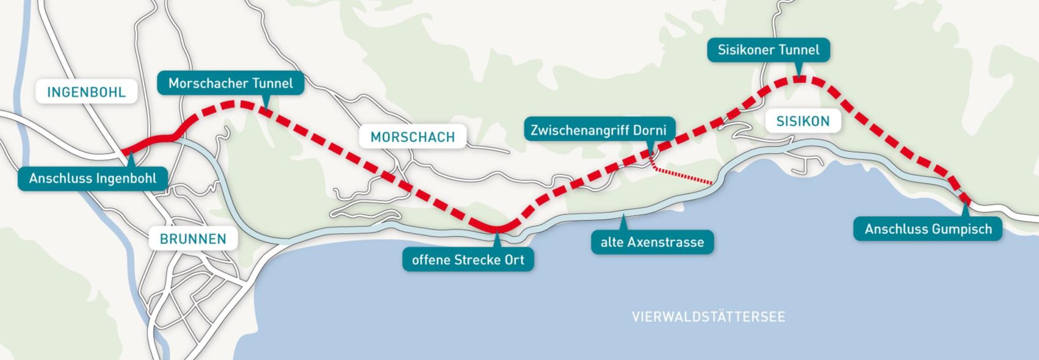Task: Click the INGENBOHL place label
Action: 86,92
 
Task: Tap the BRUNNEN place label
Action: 193,239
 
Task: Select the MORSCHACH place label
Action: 413,137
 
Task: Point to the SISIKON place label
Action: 803,121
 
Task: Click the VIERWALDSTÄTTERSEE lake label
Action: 708,317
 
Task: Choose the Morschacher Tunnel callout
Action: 230,83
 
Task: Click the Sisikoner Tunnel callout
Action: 768,49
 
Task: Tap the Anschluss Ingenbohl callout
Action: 93,179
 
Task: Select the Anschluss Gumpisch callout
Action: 927,229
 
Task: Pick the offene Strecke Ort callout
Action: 468,259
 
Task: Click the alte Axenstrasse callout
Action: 652,242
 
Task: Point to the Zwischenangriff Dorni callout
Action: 598,130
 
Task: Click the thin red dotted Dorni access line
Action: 684,177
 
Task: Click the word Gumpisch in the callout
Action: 961,229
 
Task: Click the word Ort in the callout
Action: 514,259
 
